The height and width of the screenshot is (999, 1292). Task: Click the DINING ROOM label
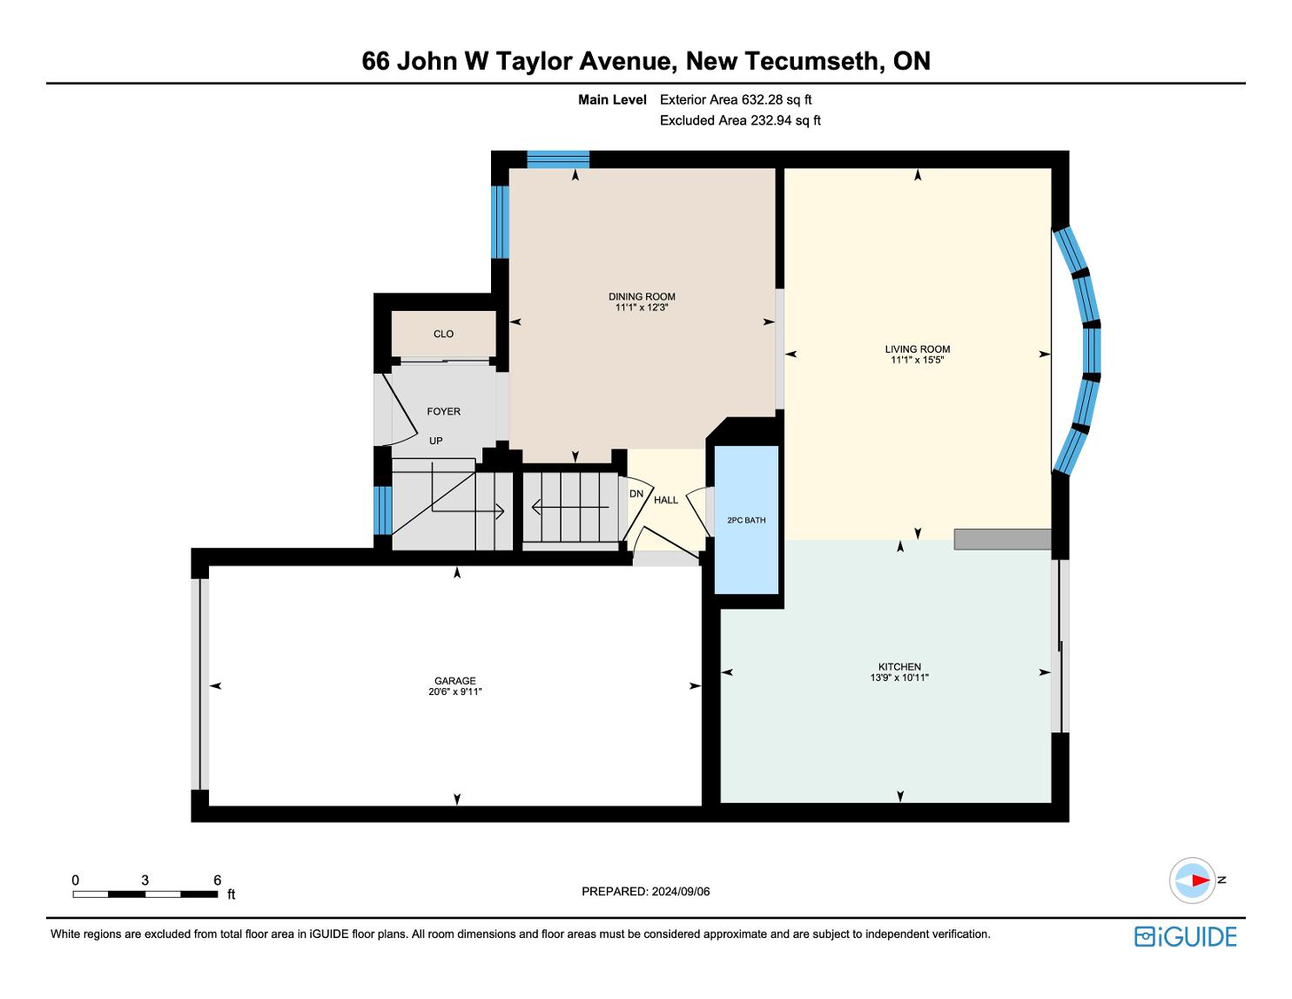(x=642, y=296)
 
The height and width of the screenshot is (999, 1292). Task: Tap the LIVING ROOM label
(x=918, y=349)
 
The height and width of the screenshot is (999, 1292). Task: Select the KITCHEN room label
(x=899, y=666)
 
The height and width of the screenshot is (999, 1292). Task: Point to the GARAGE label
(x=454, y=681)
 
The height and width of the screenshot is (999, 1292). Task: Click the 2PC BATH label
(x=746, y=520)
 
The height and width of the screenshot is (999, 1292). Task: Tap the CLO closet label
(x=443, y=334)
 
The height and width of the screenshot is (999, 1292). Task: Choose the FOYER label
(x=443, y=411)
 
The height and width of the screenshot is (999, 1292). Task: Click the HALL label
(x=666, y=500)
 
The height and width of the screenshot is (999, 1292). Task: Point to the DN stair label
(x=636, y=494)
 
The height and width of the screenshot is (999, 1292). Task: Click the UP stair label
(x=436, y=441)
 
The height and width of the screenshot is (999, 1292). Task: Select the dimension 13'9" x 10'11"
(x=899, y=678)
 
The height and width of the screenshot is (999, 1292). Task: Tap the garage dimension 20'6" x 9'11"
(x=454, y=692)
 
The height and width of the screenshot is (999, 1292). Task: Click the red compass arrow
(x=1201, y=881)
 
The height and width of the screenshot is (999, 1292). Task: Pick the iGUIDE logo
(x=1186, y=936)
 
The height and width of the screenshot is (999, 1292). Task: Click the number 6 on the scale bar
(x=218, y=880)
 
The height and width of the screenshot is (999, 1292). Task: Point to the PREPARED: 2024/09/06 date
(x=646, y=891)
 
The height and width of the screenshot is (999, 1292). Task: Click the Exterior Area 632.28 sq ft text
(x=736, y=100)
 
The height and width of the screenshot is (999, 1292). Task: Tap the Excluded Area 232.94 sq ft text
(x=740, y=120)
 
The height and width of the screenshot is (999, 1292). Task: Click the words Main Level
(x=612, y=100)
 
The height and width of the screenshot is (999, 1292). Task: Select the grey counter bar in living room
(x=1002, y=539)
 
